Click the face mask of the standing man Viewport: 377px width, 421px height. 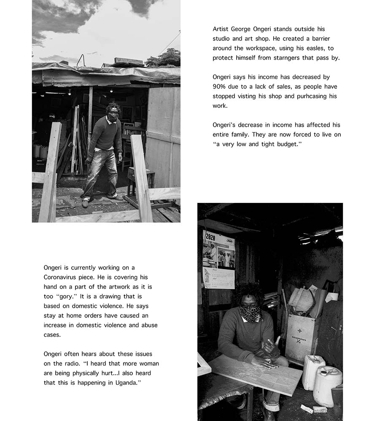tap(113, 117)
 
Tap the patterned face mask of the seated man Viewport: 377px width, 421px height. tap(250, 313)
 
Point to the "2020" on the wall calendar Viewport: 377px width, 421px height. tap(210, 237)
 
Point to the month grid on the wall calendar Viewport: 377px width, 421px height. tap(218, 280)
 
